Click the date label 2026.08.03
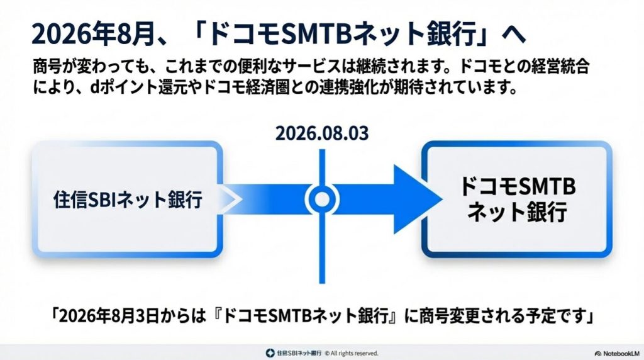[321, 133]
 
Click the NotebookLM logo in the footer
[616, 353]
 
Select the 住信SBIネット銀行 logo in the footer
[294, 353]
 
